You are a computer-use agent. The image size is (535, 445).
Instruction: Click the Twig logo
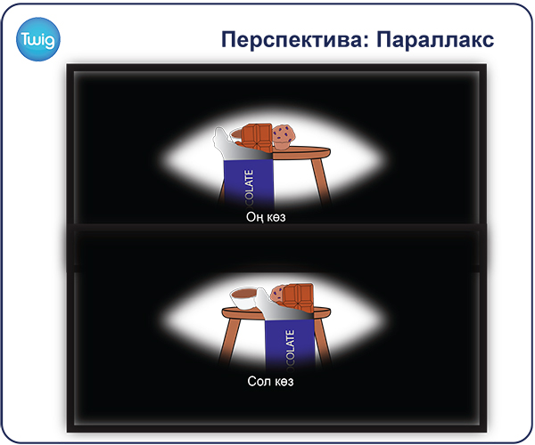tap(37, 39)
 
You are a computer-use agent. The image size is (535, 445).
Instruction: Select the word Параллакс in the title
tap(435, 39)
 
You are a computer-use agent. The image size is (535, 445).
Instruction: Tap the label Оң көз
tap(266, 217)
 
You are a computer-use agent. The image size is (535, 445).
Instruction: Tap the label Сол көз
tap(270, 381)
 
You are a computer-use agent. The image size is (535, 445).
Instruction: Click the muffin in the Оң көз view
tap(284, 137)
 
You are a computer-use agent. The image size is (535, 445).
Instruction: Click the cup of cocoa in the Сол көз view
tap(244, 299)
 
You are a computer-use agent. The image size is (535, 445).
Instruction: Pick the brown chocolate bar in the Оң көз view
tap(258, 138)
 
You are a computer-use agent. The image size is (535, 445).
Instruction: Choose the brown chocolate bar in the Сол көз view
tap(297, 298)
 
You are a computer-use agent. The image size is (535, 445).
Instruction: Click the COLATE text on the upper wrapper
tap(250, 187)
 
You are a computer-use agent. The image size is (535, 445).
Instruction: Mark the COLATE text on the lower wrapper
tap(290, 348)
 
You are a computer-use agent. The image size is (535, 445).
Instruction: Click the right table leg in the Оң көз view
tap(321, 181)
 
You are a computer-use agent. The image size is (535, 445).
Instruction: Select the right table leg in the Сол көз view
tap(322, 341)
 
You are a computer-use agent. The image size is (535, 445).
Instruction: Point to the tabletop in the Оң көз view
tap(301, 152)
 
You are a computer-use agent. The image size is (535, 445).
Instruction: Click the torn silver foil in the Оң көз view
tap(239, 147)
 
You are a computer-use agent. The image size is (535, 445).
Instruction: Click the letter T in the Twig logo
tap(25, 39)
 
